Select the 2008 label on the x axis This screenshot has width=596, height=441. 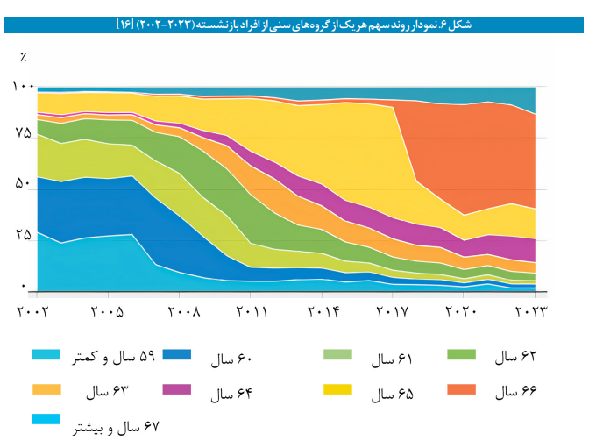181,311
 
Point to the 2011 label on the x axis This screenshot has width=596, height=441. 252,311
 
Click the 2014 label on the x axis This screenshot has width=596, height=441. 324,311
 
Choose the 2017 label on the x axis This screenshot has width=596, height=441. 394,311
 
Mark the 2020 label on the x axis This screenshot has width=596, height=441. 464,311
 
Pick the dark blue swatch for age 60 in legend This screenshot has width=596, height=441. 177,355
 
